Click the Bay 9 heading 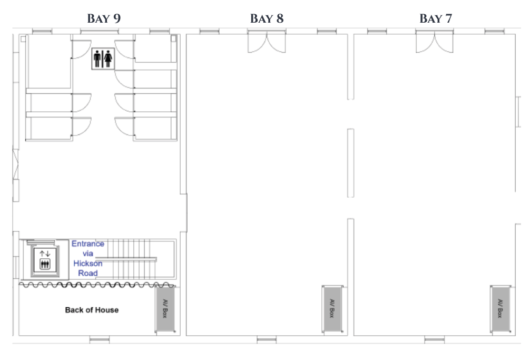[x=104, y=18]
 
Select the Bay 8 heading [x=267, y=18]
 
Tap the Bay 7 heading [x=436, y=18]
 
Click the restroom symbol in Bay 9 [x=103, y=59]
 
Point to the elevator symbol [x=45, y=259]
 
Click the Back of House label [x=92, y=310]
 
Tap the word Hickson [x=88, y=264]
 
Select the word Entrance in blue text [x=88, y=244]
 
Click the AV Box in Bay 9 [x=165, y=309]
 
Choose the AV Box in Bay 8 [x=332, y=309]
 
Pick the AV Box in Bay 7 [x=500, y=309]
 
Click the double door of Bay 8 [x=267, y=42]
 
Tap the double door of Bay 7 [x=435, y=42]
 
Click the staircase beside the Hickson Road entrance [x=132, y=259]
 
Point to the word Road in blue [x=88, y=273]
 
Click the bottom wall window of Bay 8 [x=267, y=339]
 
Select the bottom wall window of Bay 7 [x=435, y=339]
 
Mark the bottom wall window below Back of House [x=100, y=339]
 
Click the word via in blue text [x=88, y=254]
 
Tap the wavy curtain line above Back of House [x=97, y=285]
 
